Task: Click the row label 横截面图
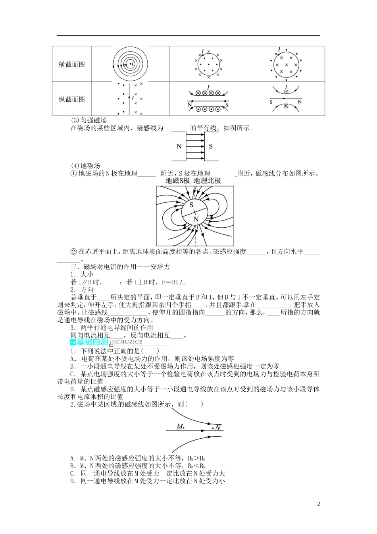coord(72,64)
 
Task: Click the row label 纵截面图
coord(72,99)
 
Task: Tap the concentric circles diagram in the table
coord(130,64)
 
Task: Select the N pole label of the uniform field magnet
coord(179,146)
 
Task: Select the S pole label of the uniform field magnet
coord(211,146)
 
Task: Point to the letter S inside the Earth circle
coord(191,205)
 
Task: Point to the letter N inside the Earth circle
coord(196,219)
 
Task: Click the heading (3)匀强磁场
coord(88,120)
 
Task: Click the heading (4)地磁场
coord(85,166)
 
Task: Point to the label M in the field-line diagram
coord(180,427)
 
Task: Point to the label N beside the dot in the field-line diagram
coord(218,428)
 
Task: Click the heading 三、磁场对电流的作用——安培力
coord(120,267)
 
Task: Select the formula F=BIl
coord(176,282)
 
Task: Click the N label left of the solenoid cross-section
coord(189,105)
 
